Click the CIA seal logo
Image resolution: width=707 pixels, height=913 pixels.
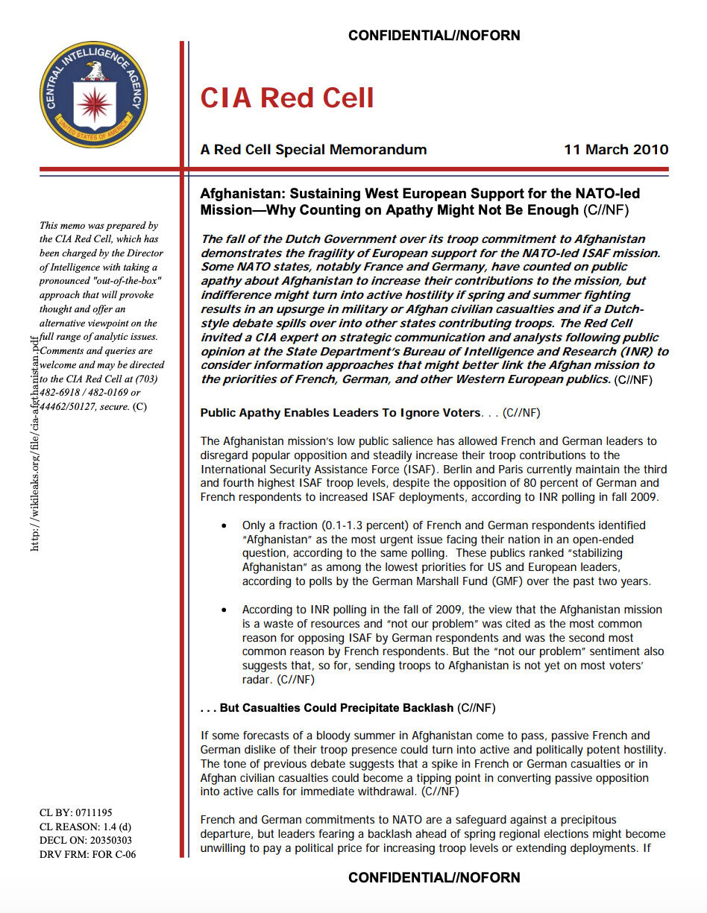94,94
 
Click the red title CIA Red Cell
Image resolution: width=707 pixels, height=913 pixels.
287,98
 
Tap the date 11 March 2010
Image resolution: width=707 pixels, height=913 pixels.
616,150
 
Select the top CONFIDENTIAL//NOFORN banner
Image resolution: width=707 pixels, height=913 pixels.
434,35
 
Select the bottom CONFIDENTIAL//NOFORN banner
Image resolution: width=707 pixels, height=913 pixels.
434,877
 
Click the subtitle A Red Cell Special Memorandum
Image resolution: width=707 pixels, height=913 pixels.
313,150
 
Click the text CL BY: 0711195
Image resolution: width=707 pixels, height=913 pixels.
75,813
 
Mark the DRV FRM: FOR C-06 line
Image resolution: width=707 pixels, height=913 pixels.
87,855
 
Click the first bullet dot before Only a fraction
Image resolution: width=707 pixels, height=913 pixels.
224,526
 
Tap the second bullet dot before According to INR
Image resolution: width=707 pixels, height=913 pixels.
224,610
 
